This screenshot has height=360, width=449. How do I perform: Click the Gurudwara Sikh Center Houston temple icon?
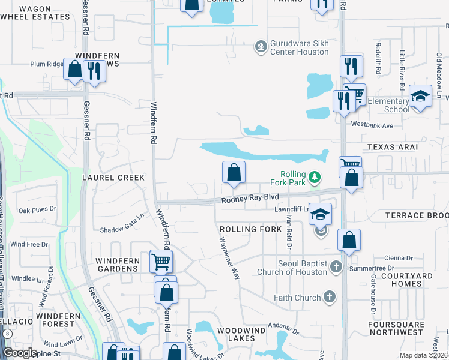coord(261,46)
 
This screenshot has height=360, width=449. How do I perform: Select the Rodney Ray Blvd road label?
coord(250,197)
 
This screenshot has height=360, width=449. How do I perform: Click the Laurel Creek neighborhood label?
coord(114,178)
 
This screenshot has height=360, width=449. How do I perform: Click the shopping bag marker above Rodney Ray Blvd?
coord(234,173)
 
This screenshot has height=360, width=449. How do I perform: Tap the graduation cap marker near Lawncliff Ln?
coord(321,214)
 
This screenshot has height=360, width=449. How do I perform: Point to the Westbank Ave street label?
coord(372,125)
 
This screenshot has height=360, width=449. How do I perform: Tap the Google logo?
coord(19,353)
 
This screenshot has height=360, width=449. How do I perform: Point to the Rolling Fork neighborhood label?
coord(247,229)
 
